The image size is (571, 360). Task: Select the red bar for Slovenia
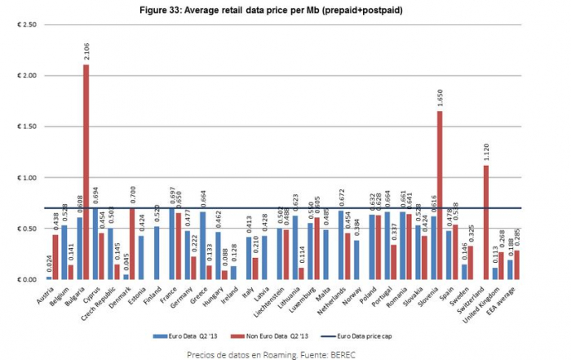pos(440,195)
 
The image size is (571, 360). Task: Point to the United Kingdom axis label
pos(497,304)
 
